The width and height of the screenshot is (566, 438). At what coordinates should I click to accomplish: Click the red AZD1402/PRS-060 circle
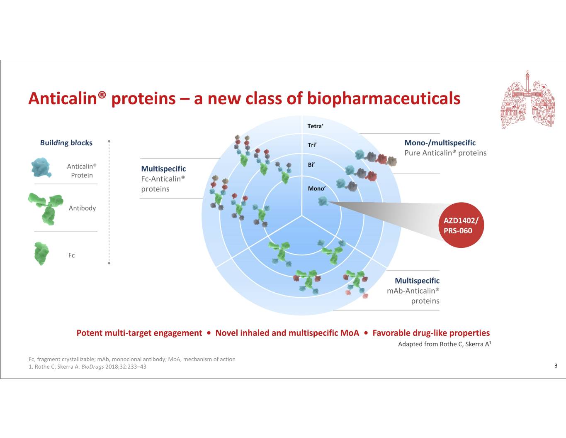pyautogui.click(x=461, y=225)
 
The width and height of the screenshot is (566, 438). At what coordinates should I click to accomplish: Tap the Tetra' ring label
pyautogui.click(x=315, y=126)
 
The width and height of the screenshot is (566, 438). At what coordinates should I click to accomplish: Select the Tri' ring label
pyautogui.click(x=312, y=145)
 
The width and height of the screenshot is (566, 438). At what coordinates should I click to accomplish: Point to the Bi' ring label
pyautogui.click(x=311, y=165)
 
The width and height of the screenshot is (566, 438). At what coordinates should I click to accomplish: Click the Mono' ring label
pyautogui.click(x=317, y=188)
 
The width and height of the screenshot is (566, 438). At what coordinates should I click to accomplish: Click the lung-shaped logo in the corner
pyautogui.click(x=527, y=100)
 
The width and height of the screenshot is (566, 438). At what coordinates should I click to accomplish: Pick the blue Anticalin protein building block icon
pyautogui.click(x=41, y=168)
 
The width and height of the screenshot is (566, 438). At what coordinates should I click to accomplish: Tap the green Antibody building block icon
pyautogui.click(x=46, y=209)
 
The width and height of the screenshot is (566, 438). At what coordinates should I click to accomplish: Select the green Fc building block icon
pyautogui.click(x=41, y=254)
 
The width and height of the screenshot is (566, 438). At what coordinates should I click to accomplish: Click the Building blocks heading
pyautogui.click(x=66, y=143)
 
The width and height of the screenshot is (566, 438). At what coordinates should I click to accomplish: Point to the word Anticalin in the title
pyautogui.click(x=63, y=98)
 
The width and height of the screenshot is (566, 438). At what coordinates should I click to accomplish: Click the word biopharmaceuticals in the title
pyautogui.click(x=384, y=98)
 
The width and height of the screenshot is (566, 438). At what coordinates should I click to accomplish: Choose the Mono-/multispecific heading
pyautogui.click(x=440, y=143)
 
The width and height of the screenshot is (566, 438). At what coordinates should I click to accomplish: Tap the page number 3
pyautogui.click(x=556, y=365)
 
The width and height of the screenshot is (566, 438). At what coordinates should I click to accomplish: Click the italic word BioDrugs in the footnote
pyautogui.click(x=92, y=367)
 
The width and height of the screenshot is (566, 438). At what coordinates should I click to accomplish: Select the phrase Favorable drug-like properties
pyautogui.click(x=431, y=333)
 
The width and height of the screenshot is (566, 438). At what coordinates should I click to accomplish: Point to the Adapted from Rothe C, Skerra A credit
pyautogui.click(x=445, y=344)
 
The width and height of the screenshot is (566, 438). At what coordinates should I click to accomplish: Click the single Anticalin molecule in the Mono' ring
pyautogui.click(x=323, y=201)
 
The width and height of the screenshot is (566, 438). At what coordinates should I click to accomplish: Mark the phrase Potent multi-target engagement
pyautogui.click(x=139, y=333)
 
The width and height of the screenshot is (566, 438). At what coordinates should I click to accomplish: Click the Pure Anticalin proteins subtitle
pyautogui.click(x=445, y=153)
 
